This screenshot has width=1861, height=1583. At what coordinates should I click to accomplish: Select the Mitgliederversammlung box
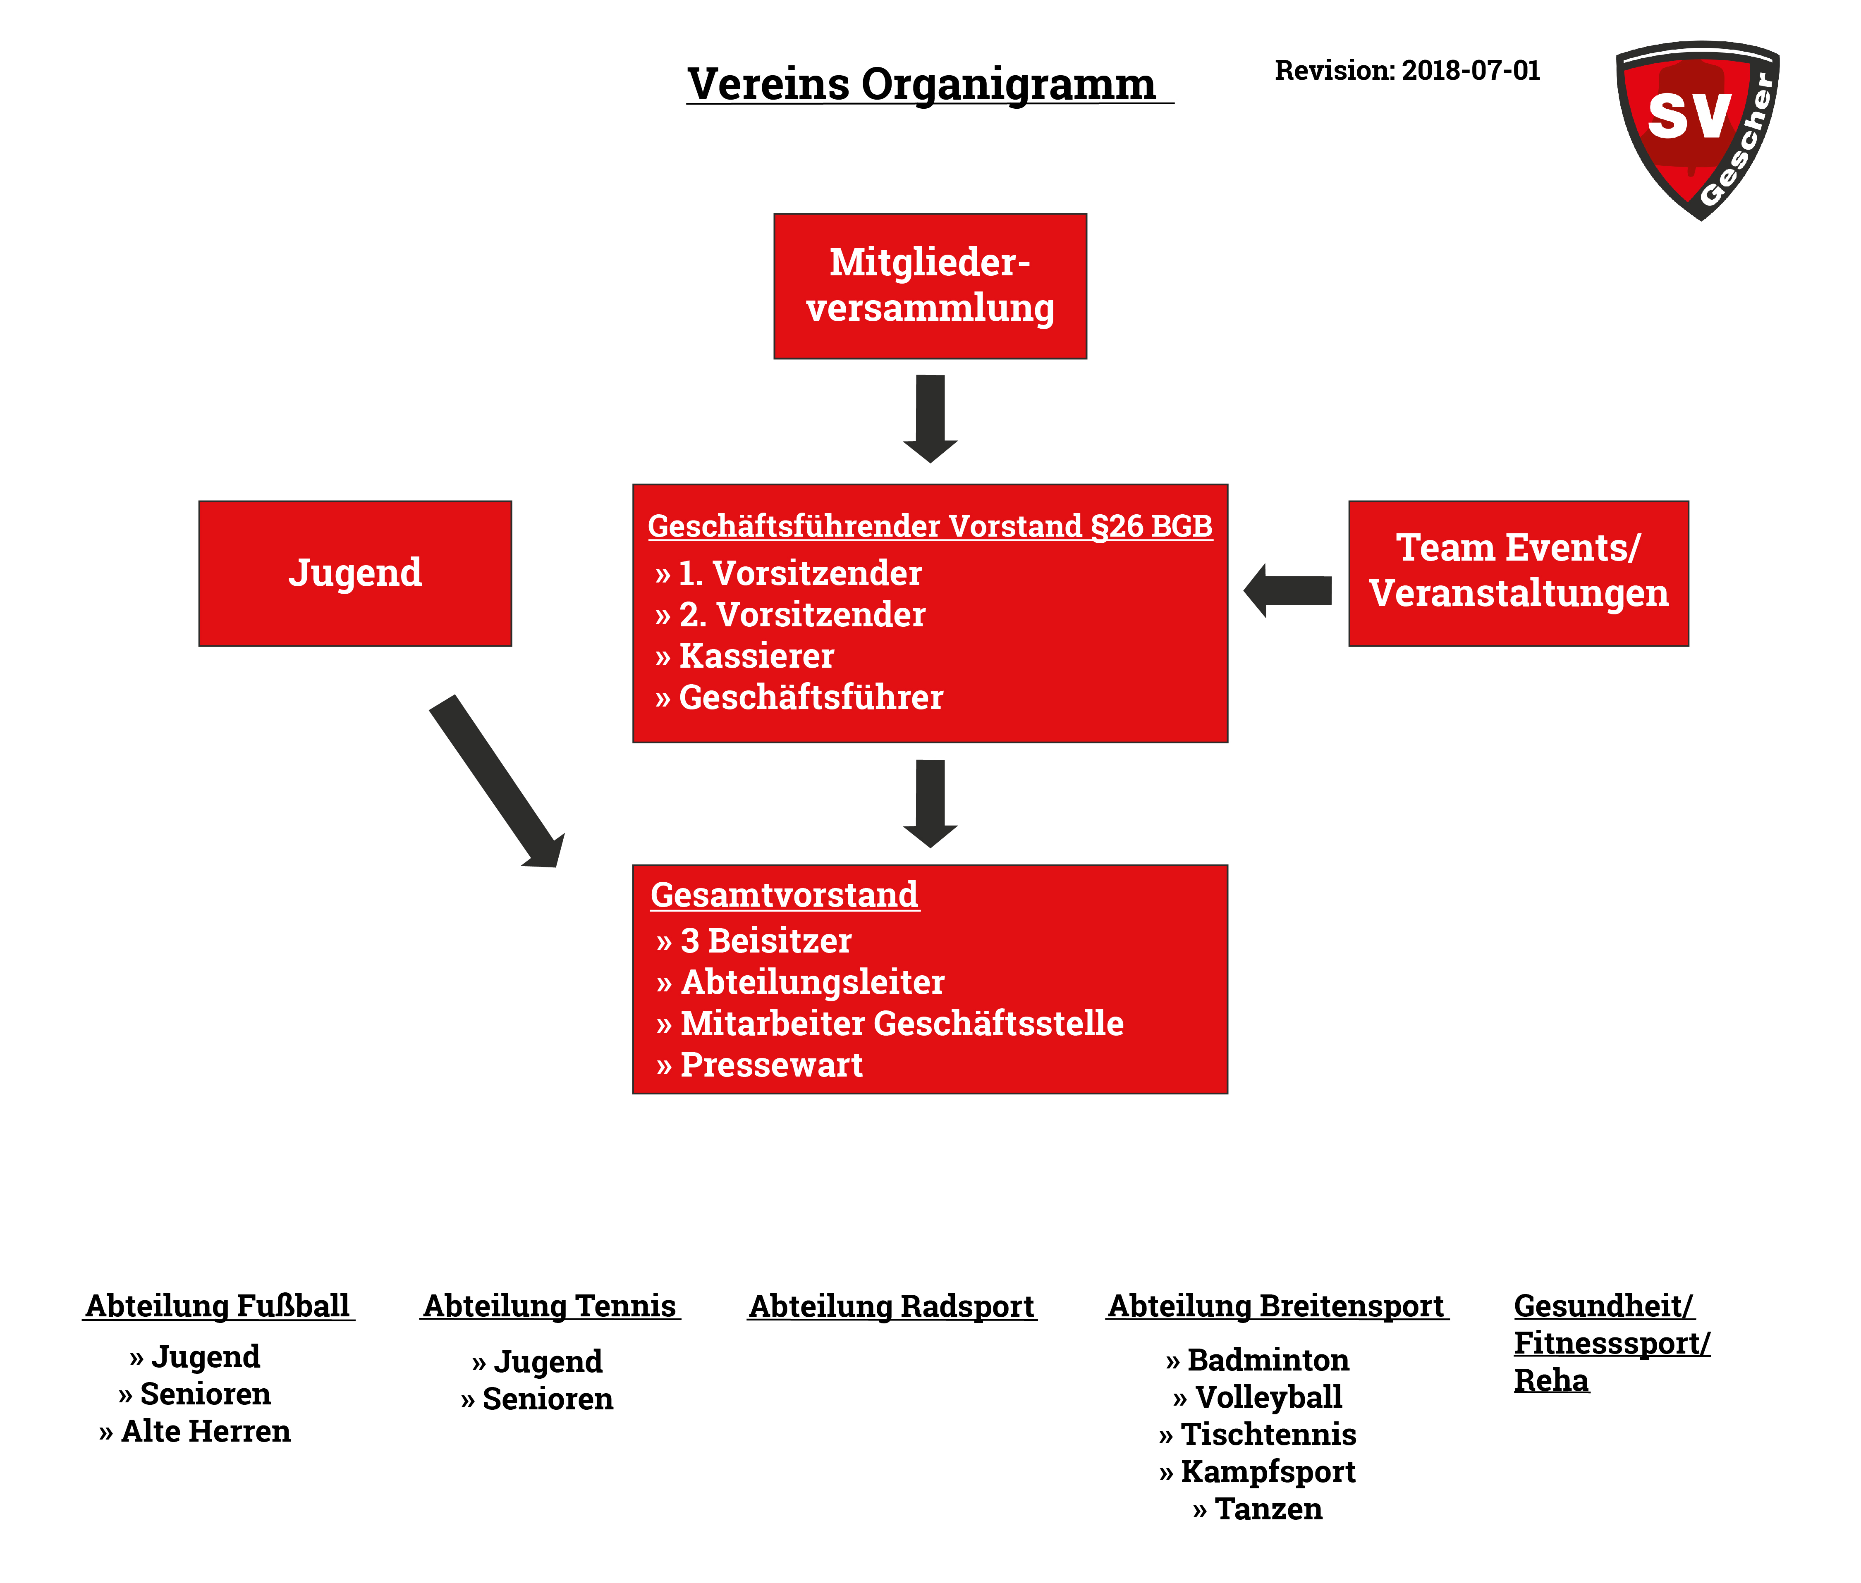pos(930,286)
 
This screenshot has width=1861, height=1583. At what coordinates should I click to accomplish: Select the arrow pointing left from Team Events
pos(1287,590)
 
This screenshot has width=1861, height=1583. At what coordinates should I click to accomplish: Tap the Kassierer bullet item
pos(744,656)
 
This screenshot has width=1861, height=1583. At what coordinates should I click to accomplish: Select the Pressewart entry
pos(758,1065)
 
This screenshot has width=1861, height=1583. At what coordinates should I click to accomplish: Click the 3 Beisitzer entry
pos(753,941)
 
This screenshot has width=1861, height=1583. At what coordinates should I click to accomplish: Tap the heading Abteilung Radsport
pos(892,1306)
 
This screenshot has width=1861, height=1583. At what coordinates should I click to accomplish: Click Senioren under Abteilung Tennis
pos(537,1399)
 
